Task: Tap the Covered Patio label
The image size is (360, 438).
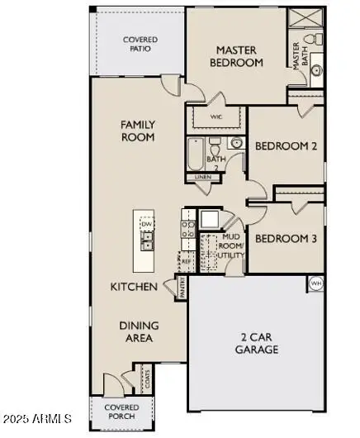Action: (140, 45)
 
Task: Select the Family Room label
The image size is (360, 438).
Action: (138, 131)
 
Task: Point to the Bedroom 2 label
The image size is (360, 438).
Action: (285, 146)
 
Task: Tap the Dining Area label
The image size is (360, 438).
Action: (139, 331)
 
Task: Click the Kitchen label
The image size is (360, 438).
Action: (134, 287)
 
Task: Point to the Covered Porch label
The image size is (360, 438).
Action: (121, 412)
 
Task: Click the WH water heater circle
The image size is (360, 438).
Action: (315, 283)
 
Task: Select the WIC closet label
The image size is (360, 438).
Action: (216, 117)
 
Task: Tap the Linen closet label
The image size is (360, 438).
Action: (202, 177)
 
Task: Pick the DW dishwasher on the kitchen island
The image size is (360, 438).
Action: (146, 223)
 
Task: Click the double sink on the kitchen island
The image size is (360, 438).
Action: (146, 240)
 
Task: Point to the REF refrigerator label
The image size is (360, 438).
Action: (185, 259)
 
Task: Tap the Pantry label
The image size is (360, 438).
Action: (181, 288)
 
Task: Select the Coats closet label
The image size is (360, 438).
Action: (147, 379)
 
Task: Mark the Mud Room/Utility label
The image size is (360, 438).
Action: (230, 246)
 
